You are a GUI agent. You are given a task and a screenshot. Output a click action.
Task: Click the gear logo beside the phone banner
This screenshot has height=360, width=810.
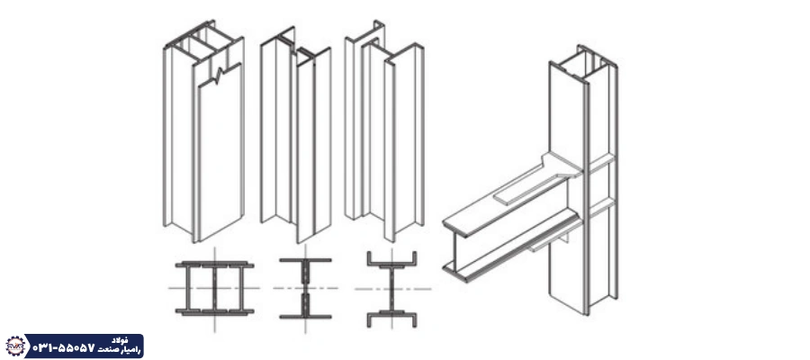click(15, 346)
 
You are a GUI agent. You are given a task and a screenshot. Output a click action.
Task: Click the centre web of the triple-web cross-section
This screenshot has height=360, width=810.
click(214, 288)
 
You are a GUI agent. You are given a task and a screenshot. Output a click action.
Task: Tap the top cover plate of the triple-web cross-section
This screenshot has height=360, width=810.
click(214, 265)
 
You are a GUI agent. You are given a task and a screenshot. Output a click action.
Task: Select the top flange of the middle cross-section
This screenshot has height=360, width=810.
click(305, 260)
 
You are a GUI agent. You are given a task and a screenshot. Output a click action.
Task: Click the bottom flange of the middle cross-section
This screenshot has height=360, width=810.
click(305, 316)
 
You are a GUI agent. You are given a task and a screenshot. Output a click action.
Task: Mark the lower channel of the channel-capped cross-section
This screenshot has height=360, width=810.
click(391, 316)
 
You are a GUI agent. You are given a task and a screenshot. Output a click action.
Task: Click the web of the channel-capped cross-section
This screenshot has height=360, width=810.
click(391, 289)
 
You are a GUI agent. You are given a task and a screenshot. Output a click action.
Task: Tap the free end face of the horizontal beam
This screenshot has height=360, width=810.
click(454, 249)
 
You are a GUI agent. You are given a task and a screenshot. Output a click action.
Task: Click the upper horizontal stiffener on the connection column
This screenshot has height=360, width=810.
click(602, 163)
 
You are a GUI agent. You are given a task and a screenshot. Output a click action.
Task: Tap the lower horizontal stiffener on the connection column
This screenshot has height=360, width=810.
click(602, 208)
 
